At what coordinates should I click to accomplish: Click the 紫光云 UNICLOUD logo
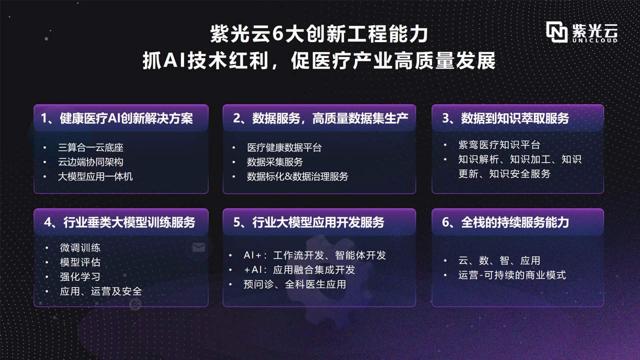coord(582,32)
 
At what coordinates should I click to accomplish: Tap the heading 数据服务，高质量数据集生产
coord(320,118)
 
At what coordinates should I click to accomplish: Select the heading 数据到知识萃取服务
coord(505,118)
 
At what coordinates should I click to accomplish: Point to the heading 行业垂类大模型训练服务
coord(119,222)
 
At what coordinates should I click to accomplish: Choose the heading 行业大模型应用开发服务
coord(308,222)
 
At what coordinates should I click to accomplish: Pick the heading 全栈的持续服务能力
coord(505,222)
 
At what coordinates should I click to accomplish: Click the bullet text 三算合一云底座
coord(90,147)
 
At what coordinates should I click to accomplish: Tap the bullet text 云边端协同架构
coord(90,162)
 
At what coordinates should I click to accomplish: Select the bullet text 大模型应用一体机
coord(95,176)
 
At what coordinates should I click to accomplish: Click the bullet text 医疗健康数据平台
coord(284,147)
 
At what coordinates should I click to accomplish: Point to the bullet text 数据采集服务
coord(274,162)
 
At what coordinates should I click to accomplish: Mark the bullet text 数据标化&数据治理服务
coord(297,176)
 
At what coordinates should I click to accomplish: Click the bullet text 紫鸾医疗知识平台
coord(499,145)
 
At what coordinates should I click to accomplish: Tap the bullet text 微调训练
coord(80,248)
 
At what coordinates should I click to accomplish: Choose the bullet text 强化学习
coord(80,276)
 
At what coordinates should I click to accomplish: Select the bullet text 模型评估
coord(80,262)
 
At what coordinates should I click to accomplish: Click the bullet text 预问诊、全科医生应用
coord(294,284)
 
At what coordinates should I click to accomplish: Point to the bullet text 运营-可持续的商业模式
coord(512,275)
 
